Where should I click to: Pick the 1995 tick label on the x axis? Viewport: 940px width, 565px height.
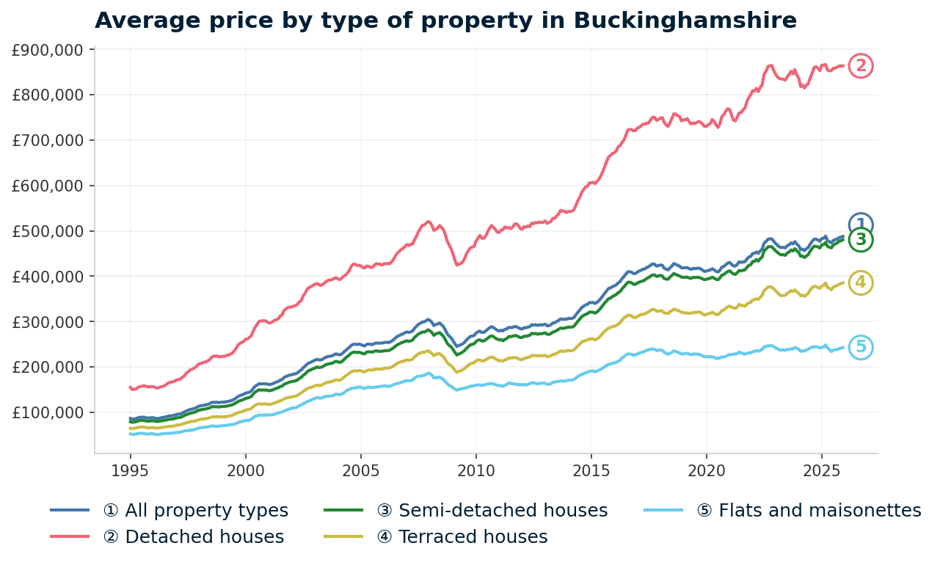point(131,469)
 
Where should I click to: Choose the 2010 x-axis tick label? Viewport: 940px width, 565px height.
point(476,469)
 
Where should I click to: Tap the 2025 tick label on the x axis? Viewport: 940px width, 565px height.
point(821,469)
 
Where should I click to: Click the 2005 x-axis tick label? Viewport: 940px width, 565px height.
point(361,469)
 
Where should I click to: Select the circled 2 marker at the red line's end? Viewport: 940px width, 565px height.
point(861,66)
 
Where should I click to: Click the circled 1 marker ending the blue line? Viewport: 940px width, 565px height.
point(861,225)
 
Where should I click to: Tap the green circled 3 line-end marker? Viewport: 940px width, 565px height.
point(861,240)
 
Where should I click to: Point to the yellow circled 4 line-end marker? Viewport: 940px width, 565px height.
point(861,282)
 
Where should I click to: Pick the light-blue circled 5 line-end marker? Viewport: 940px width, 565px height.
point(861,347)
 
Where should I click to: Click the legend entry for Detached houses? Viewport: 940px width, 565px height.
point(194,537)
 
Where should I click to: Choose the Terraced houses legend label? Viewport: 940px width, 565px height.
point(462,537)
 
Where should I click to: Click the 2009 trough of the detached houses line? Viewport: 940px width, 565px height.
point(457,264)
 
